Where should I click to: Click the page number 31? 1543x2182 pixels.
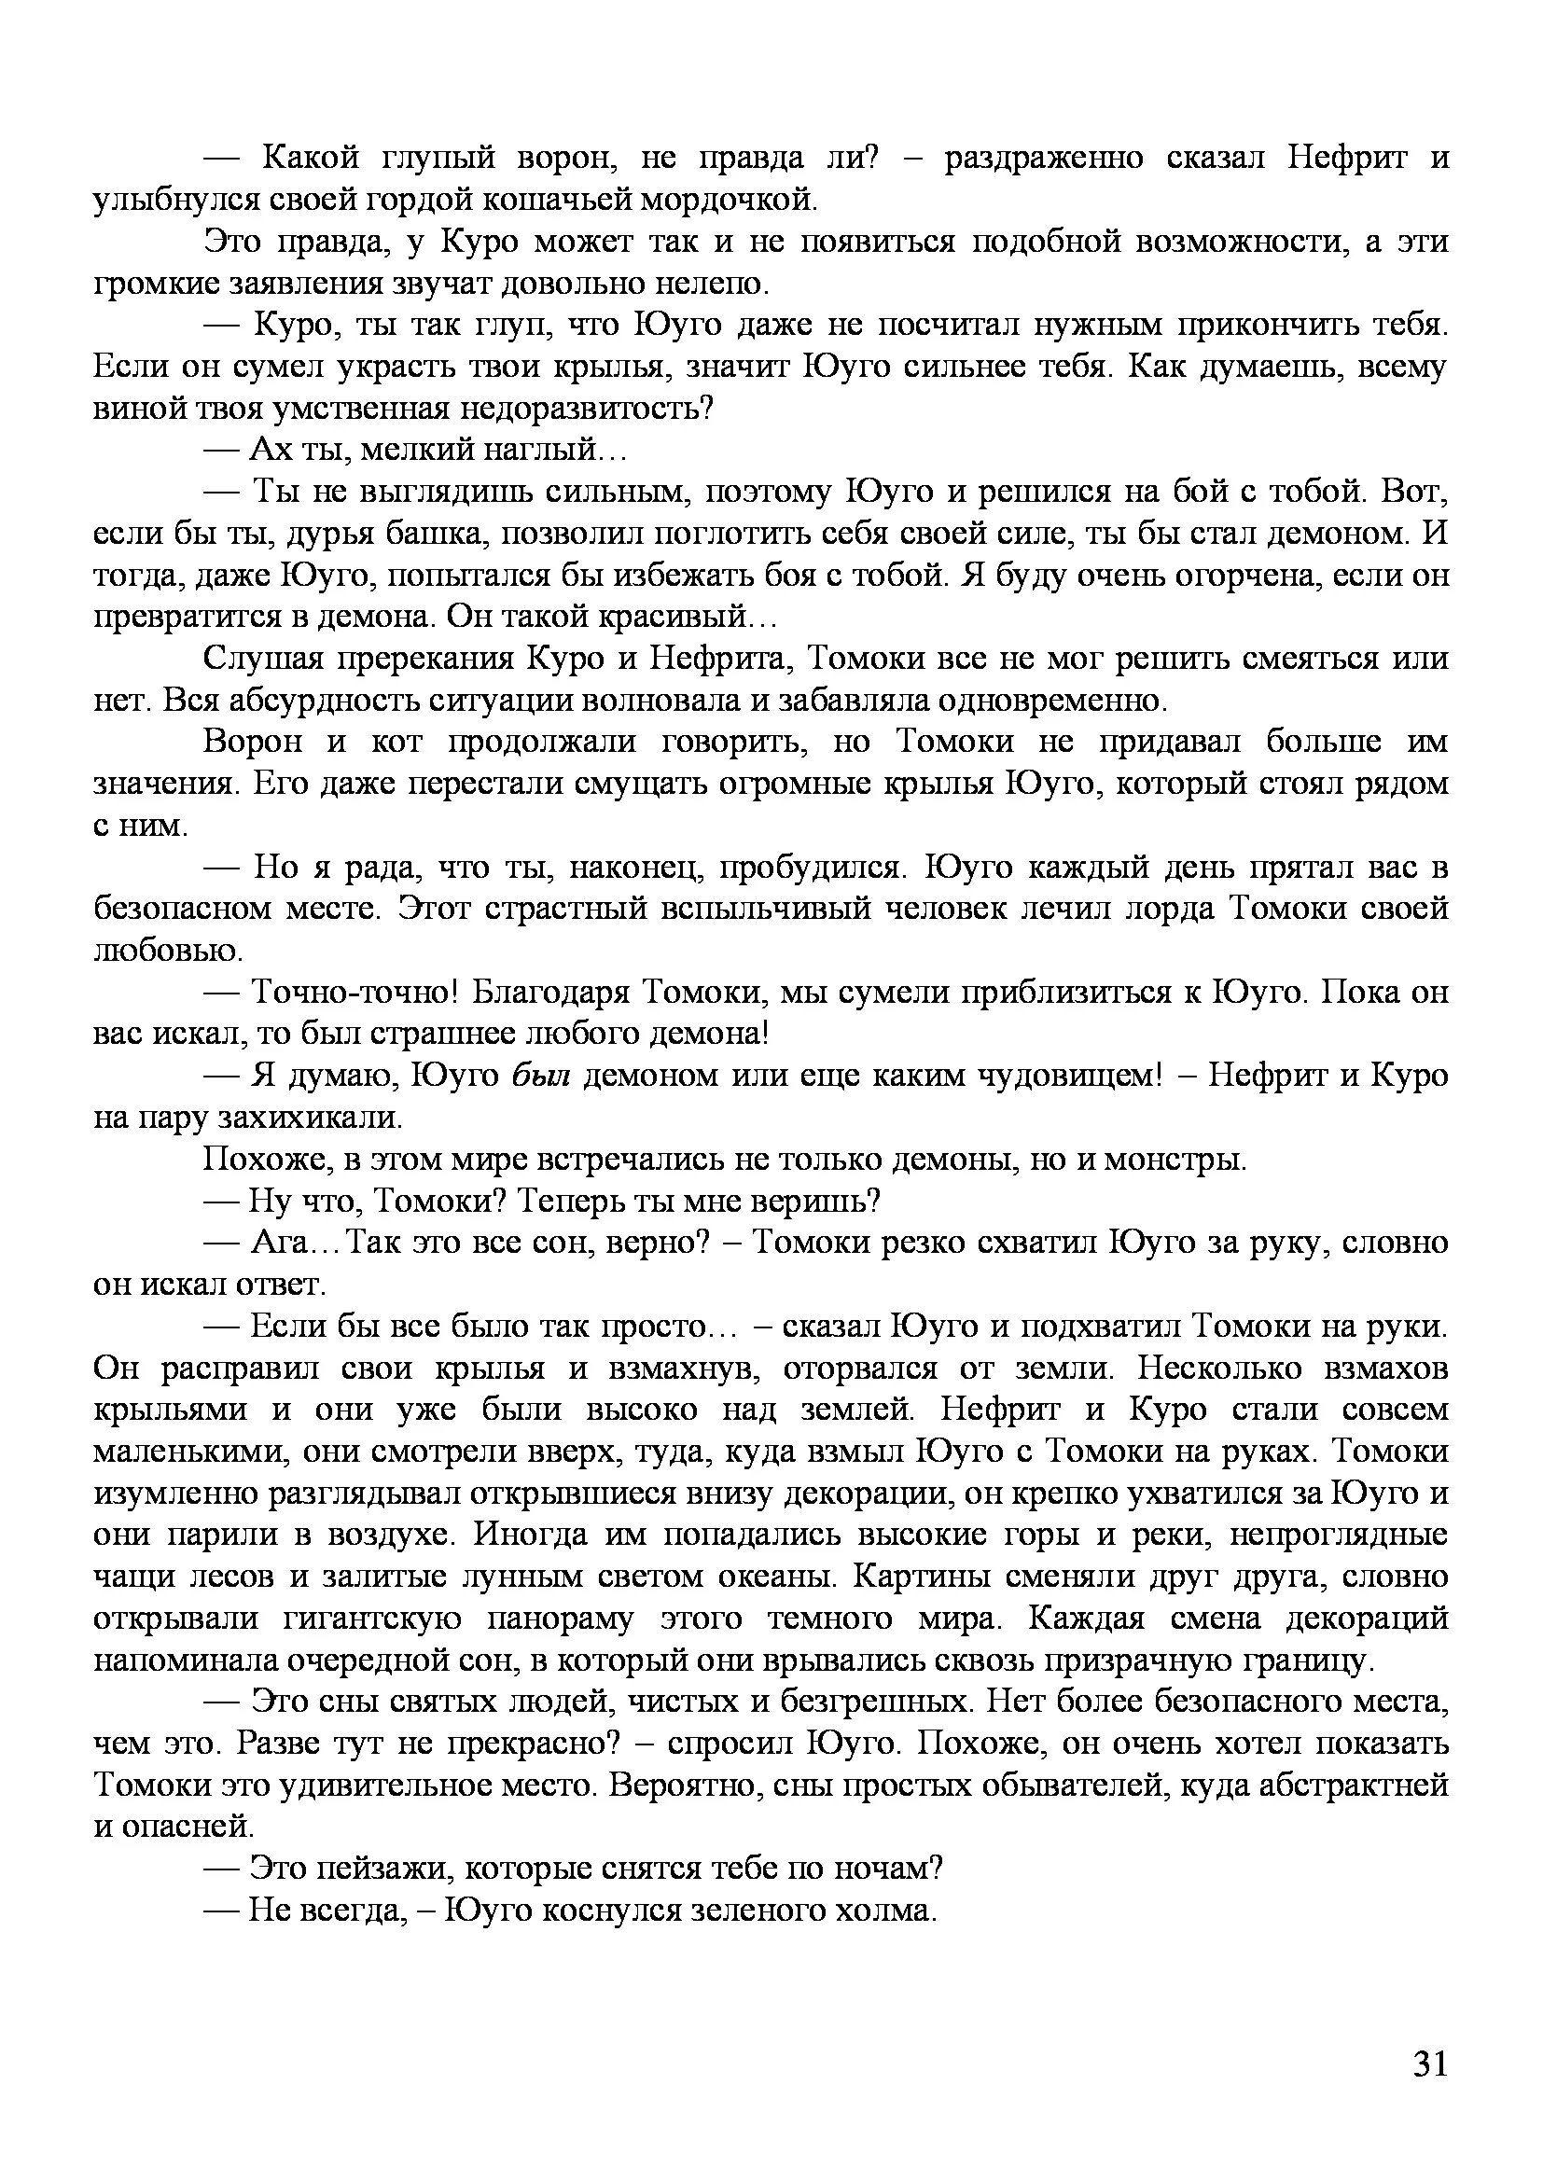(1429, 2064)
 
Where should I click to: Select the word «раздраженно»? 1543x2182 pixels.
(1043, 158)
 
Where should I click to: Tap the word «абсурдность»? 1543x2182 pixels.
(326, 702)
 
